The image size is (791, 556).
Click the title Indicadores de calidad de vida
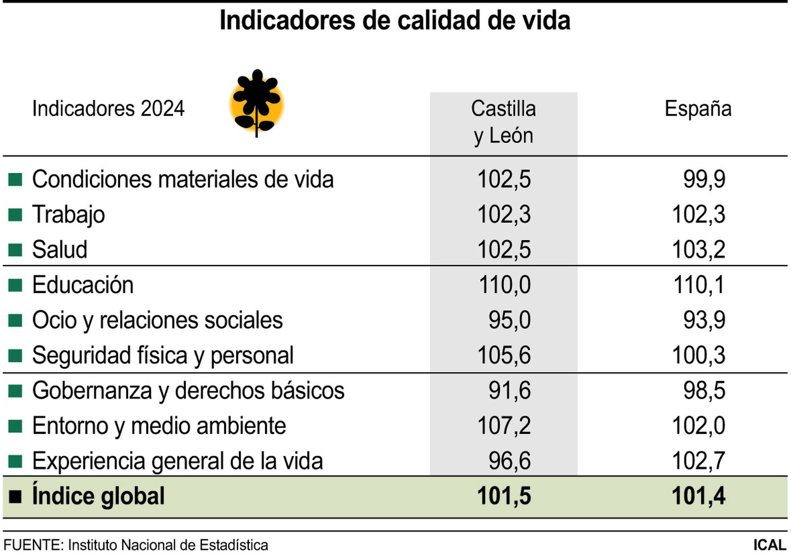[x=395, y=21]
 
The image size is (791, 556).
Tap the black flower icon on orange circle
[x=257, y=103]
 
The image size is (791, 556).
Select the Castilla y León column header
[x=503, y=122]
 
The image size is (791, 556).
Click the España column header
[x=698, y=109]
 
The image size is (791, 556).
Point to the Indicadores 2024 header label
[x=108, y=109]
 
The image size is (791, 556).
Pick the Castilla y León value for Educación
[x=504, y=285]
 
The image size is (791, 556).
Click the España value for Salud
[x=698, y=250]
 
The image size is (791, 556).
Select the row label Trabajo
[x=69, y=214]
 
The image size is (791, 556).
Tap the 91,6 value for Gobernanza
[x=509, y=391]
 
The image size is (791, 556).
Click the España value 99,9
[x=704, y=179]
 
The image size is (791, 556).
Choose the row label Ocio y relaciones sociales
[x=157, y=320]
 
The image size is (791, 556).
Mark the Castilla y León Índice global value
[x=504, y=496]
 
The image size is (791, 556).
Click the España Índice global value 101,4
[x=698, y=496]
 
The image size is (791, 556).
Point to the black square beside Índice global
[x=15, y=497]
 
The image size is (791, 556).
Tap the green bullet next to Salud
[x=15, y=250]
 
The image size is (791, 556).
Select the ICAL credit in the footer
[x=769, y=545]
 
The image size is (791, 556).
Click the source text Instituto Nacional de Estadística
[x=168, y=545]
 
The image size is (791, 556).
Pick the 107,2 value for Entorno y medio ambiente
[x=504, y=426]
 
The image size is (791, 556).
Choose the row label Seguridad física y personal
[x=163, y=356]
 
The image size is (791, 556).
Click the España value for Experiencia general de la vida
[x=698, y=461]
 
